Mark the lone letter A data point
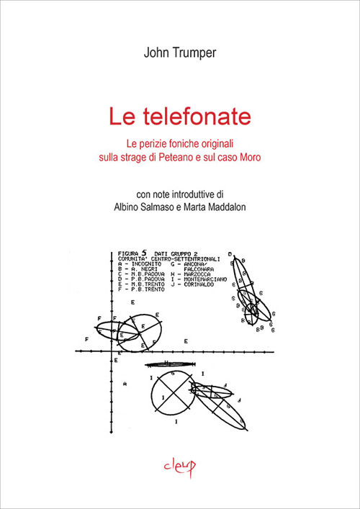(125, 385)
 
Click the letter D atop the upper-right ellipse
(230, 253)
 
